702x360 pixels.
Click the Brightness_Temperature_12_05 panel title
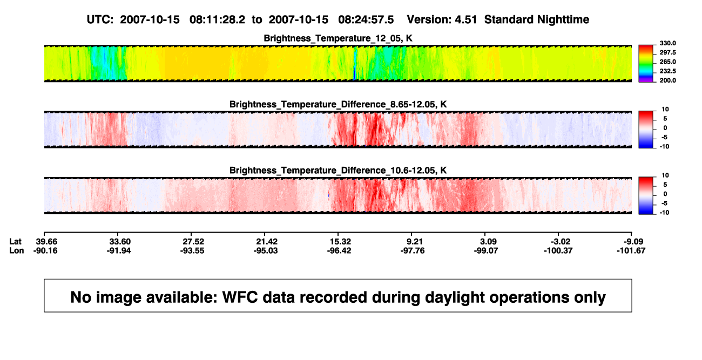[x=338, y=38]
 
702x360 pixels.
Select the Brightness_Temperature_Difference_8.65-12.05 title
[x=338, y=104]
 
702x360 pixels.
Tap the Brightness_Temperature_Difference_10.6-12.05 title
[x=338, y=171]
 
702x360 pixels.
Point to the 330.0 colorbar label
[x=667, y=43]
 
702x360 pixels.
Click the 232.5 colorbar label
[x=667, y=71]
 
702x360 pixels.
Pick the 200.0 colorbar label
[x=667, y=80]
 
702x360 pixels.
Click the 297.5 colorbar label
[x=667, y=53]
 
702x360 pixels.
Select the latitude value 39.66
[x=46, y=242]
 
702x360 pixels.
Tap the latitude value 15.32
[x=340, y=242]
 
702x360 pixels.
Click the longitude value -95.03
[x=266, y=250]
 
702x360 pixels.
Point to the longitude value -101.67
[x=631, y=250]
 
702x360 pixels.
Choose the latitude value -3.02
[x=559, y=242]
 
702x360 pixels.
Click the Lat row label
[x=15, y=242]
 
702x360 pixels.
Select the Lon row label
[x=17, y=250]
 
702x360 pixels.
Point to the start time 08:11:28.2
[x=217, y=20]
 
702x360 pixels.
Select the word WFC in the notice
[x=240, y=297]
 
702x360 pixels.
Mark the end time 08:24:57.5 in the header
[x=366, y=20]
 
